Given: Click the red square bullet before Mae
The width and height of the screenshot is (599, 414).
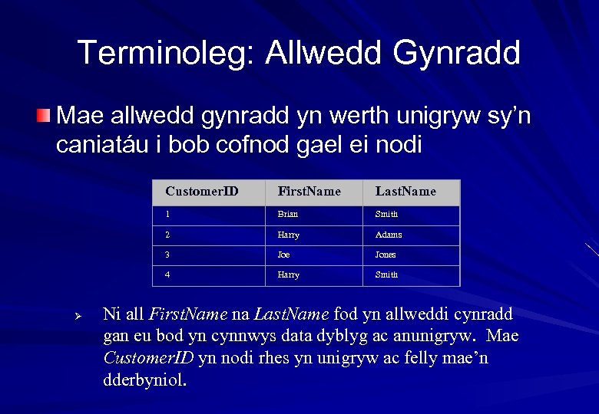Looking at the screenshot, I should pos(45,117).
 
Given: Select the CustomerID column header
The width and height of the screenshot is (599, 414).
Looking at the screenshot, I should pos(201,192).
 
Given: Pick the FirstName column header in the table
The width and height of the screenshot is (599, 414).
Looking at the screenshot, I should pos(309,192).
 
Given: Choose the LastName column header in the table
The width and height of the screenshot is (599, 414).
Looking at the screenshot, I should pos(405,192).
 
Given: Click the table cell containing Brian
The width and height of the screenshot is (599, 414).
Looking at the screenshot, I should pos(288,215).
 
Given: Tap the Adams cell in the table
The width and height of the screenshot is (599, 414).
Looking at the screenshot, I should pos(389,235).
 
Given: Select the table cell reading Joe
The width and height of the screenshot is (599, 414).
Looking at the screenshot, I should pos(284,255).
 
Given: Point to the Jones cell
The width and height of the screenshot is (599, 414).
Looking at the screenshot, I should pos(386,255).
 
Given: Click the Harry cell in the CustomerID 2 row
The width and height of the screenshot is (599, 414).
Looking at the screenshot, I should pos(289,235).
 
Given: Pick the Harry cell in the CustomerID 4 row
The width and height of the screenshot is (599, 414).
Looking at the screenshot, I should pos(289,274).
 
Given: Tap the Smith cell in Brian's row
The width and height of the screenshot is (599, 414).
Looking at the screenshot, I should pos(386,215).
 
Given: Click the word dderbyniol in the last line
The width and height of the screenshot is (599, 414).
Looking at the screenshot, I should pos(143,379).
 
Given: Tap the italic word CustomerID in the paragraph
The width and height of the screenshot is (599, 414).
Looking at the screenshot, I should pos(148,358).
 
